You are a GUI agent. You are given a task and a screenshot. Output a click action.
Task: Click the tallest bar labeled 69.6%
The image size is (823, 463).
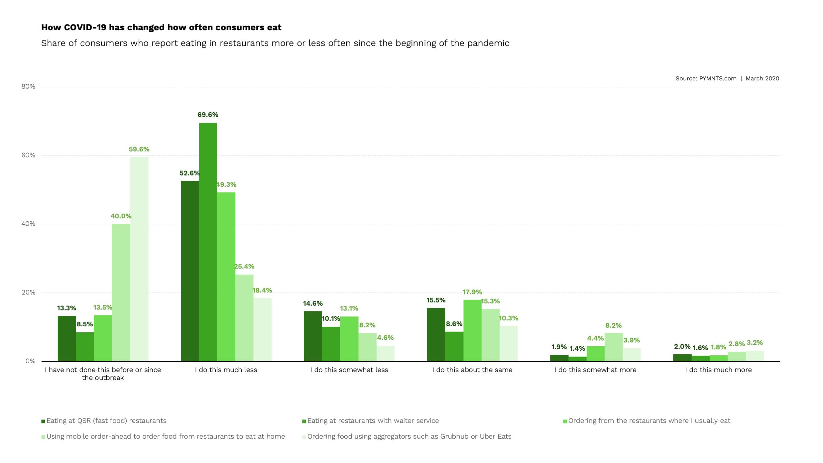pyautogui.click(x=208, y=242)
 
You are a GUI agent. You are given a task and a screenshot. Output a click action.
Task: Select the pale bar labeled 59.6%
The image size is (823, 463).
pyautogui.click(x=139, y=259)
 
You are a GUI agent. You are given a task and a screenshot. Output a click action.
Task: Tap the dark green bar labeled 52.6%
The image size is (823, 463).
pyautogui.click(x=190, y=271)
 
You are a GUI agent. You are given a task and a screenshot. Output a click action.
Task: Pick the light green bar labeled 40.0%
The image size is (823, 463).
pyautogui.click(x=121, y=292)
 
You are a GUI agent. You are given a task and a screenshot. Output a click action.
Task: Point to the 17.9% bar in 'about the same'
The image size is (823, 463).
pyautogui.click(x=472, y=330)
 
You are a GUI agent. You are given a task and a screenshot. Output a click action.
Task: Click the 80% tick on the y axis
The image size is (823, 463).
pyautogui.click(x=28, y=87)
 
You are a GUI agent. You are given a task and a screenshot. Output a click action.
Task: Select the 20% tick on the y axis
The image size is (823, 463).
pyautogui.click(x=28, y=292)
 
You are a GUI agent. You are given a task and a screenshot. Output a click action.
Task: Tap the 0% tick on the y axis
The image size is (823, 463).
pyautogui.click(x=30, y=361)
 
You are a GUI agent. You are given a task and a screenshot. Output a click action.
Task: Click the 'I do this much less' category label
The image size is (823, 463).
pyautogui.click(x=226, y=370)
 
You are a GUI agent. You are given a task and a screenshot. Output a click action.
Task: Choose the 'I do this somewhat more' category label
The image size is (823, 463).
pyautogui.click(x=595, y=370)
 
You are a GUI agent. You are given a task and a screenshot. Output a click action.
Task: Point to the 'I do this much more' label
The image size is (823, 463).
pyautogui.click(x=718, y=370)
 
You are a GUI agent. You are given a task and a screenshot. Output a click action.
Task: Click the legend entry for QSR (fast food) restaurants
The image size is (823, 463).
pyautogui.click(x=106, y=421)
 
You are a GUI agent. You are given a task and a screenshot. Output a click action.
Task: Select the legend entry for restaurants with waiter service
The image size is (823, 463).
pyautogui.click(x=373, y=421)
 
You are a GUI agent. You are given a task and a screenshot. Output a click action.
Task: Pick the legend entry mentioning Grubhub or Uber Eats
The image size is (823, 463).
pyautogui.click(x=409, y=436)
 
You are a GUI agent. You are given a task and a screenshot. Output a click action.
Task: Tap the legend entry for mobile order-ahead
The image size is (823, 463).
pyautogui.click(x=166, y=436)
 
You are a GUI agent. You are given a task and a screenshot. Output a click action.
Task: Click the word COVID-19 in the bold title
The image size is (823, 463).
pyautogui.click(x=85, y=27)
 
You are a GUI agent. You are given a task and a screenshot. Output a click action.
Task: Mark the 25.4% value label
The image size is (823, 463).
pyautogui.click(x=244, y=266)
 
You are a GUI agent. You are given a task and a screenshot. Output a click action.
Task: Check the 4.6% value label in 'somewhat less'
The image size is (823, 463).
pyautogui.click(x=385, y=338)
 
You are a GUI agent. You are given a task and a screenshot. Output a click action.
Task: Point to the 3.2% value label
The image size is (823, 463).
pyautogui.click(x=755, y=342)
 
